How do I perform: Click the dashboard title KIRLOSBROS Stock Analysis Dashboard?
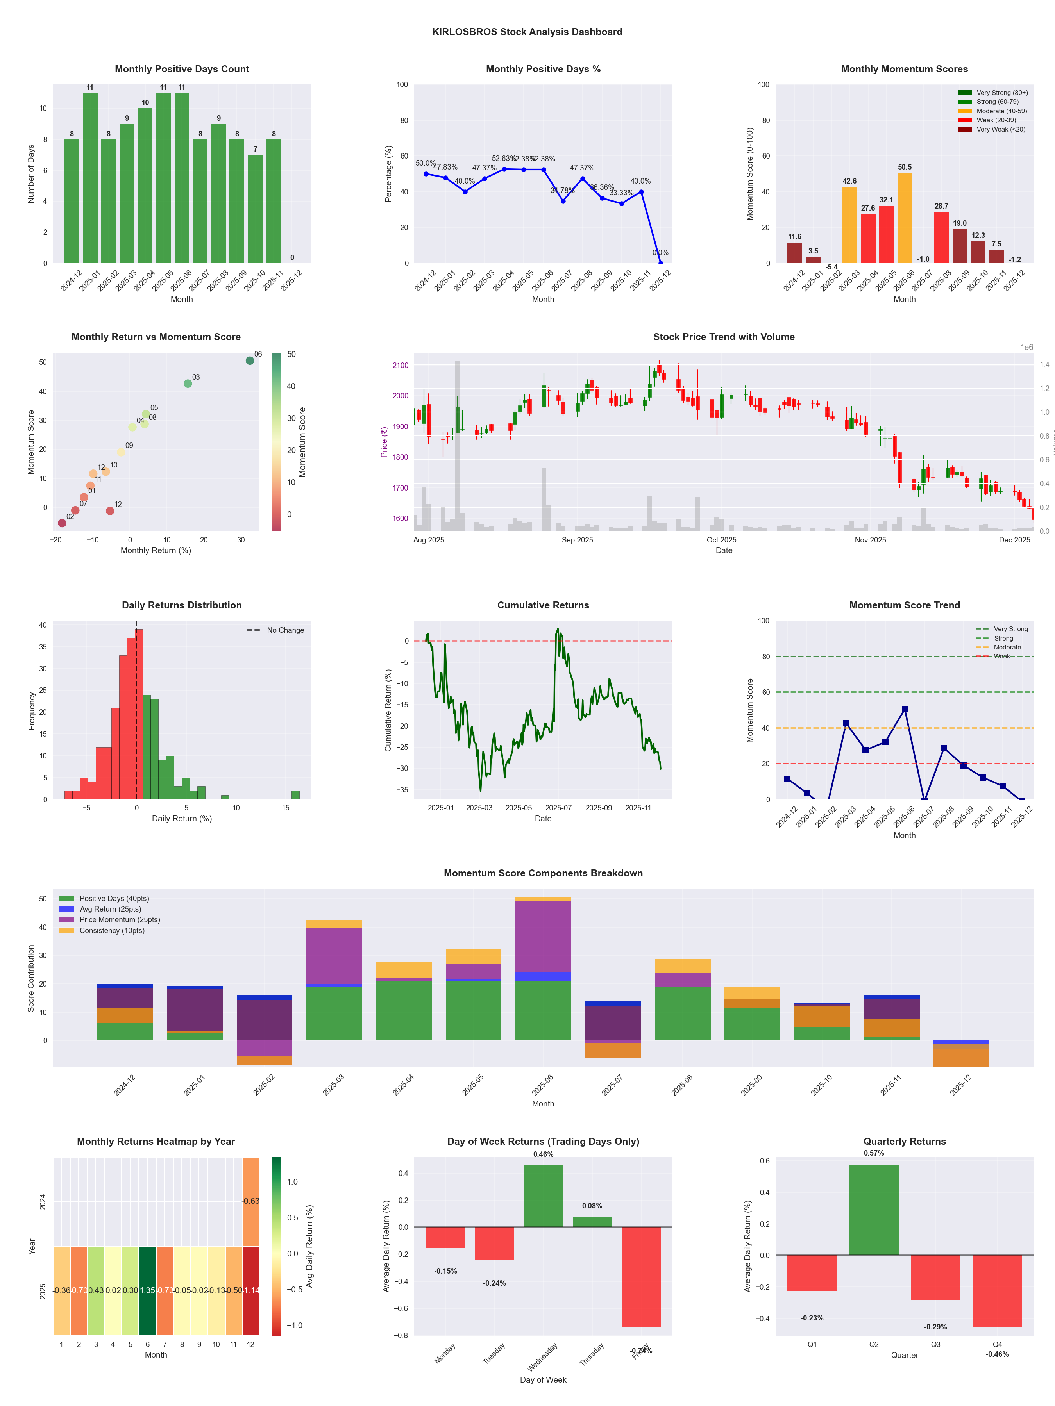pyautogui.click(x=527, y=32)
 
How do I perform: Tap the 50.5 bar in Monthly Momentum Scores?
pyautogui.click(x=904, y=218)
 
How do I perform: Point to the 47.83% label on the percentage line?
pyautogui.click(x=445, y=167)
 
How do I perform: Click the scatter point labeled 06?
pyautogui.click(x=250, y=360)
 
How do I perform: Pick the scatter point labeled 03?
pyautogui.click(x=188, y=383)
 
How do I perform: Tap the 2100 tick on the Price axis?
pyautogui.click(x=401, y=366)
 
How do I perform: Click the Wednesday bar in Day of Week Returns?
pyautogui.click(x=543, y=1195)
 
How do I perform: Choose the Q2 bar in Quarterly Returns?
pyautogui.click(x=874, y=1210)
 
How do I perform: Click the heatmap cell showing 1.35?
pyautogui.click(x=148, y=1290)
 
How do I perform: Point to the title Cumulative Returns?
pyautogui.click(x=543, y=605)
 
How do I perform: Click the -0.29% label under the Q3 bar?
pyautogui.click(x=935, y=1327)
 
